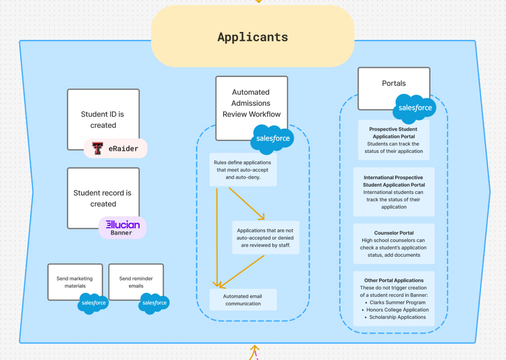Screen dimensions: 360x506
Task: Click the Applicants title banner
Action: (252, 36)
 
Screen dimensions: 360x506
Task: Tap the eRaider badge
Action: (115, 148)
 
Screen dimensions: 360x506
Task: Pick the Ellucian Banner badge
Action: (122, 227)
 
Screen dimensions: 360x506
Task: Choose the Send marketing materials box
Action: (75, 281)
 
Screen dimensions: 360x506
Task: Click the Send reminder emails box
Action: (136, 281)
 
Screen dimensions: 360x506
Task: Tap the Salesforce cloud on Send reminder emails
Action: (154, 303)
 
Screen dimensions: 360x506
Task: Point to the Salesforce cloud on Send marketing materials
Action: (93, 303)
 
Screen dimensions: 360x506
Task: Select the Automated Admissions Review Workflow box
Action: (251, 103)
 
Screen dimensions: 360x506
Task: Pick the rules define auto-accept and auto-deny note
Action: (243, 170)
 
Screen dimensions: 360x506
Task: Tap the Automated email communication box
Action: (243, 300)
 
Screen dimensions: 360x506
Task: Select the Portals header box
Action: (394, 84)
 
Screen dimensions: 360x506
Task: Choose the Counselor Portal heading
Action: (394, 233)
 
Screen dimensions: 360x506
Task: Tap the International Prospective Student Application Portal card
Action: (394, 192)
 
